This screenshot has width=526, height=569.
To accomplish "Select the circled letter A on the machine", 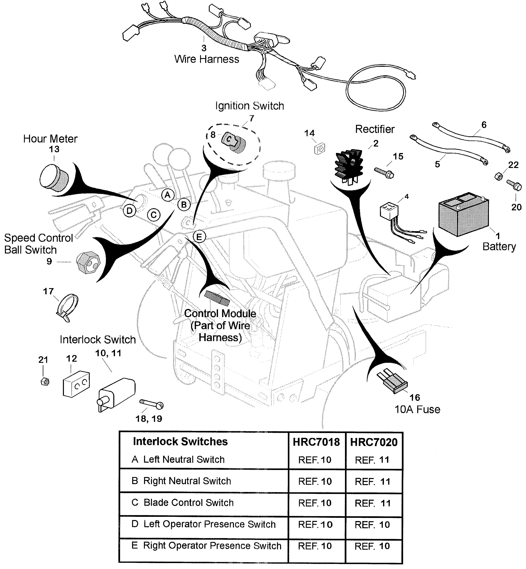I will [168, 195].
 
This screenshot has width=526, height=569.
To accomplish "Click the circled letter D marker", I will [130, 211].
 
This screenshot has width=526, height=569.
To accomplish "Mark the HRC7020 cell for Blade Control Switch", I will [373, 503].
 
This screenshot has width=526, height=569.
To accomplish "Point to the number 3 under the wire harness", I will [204, 48].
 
